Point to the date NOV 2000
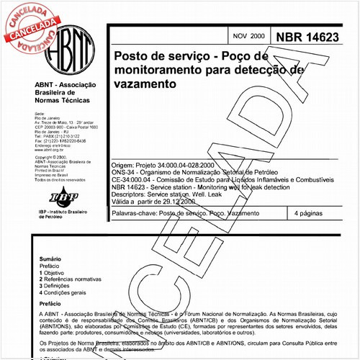pyautogui.click(x=248, y=36)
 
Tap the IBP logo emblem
pyautogui.click(x=55, y=196)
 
